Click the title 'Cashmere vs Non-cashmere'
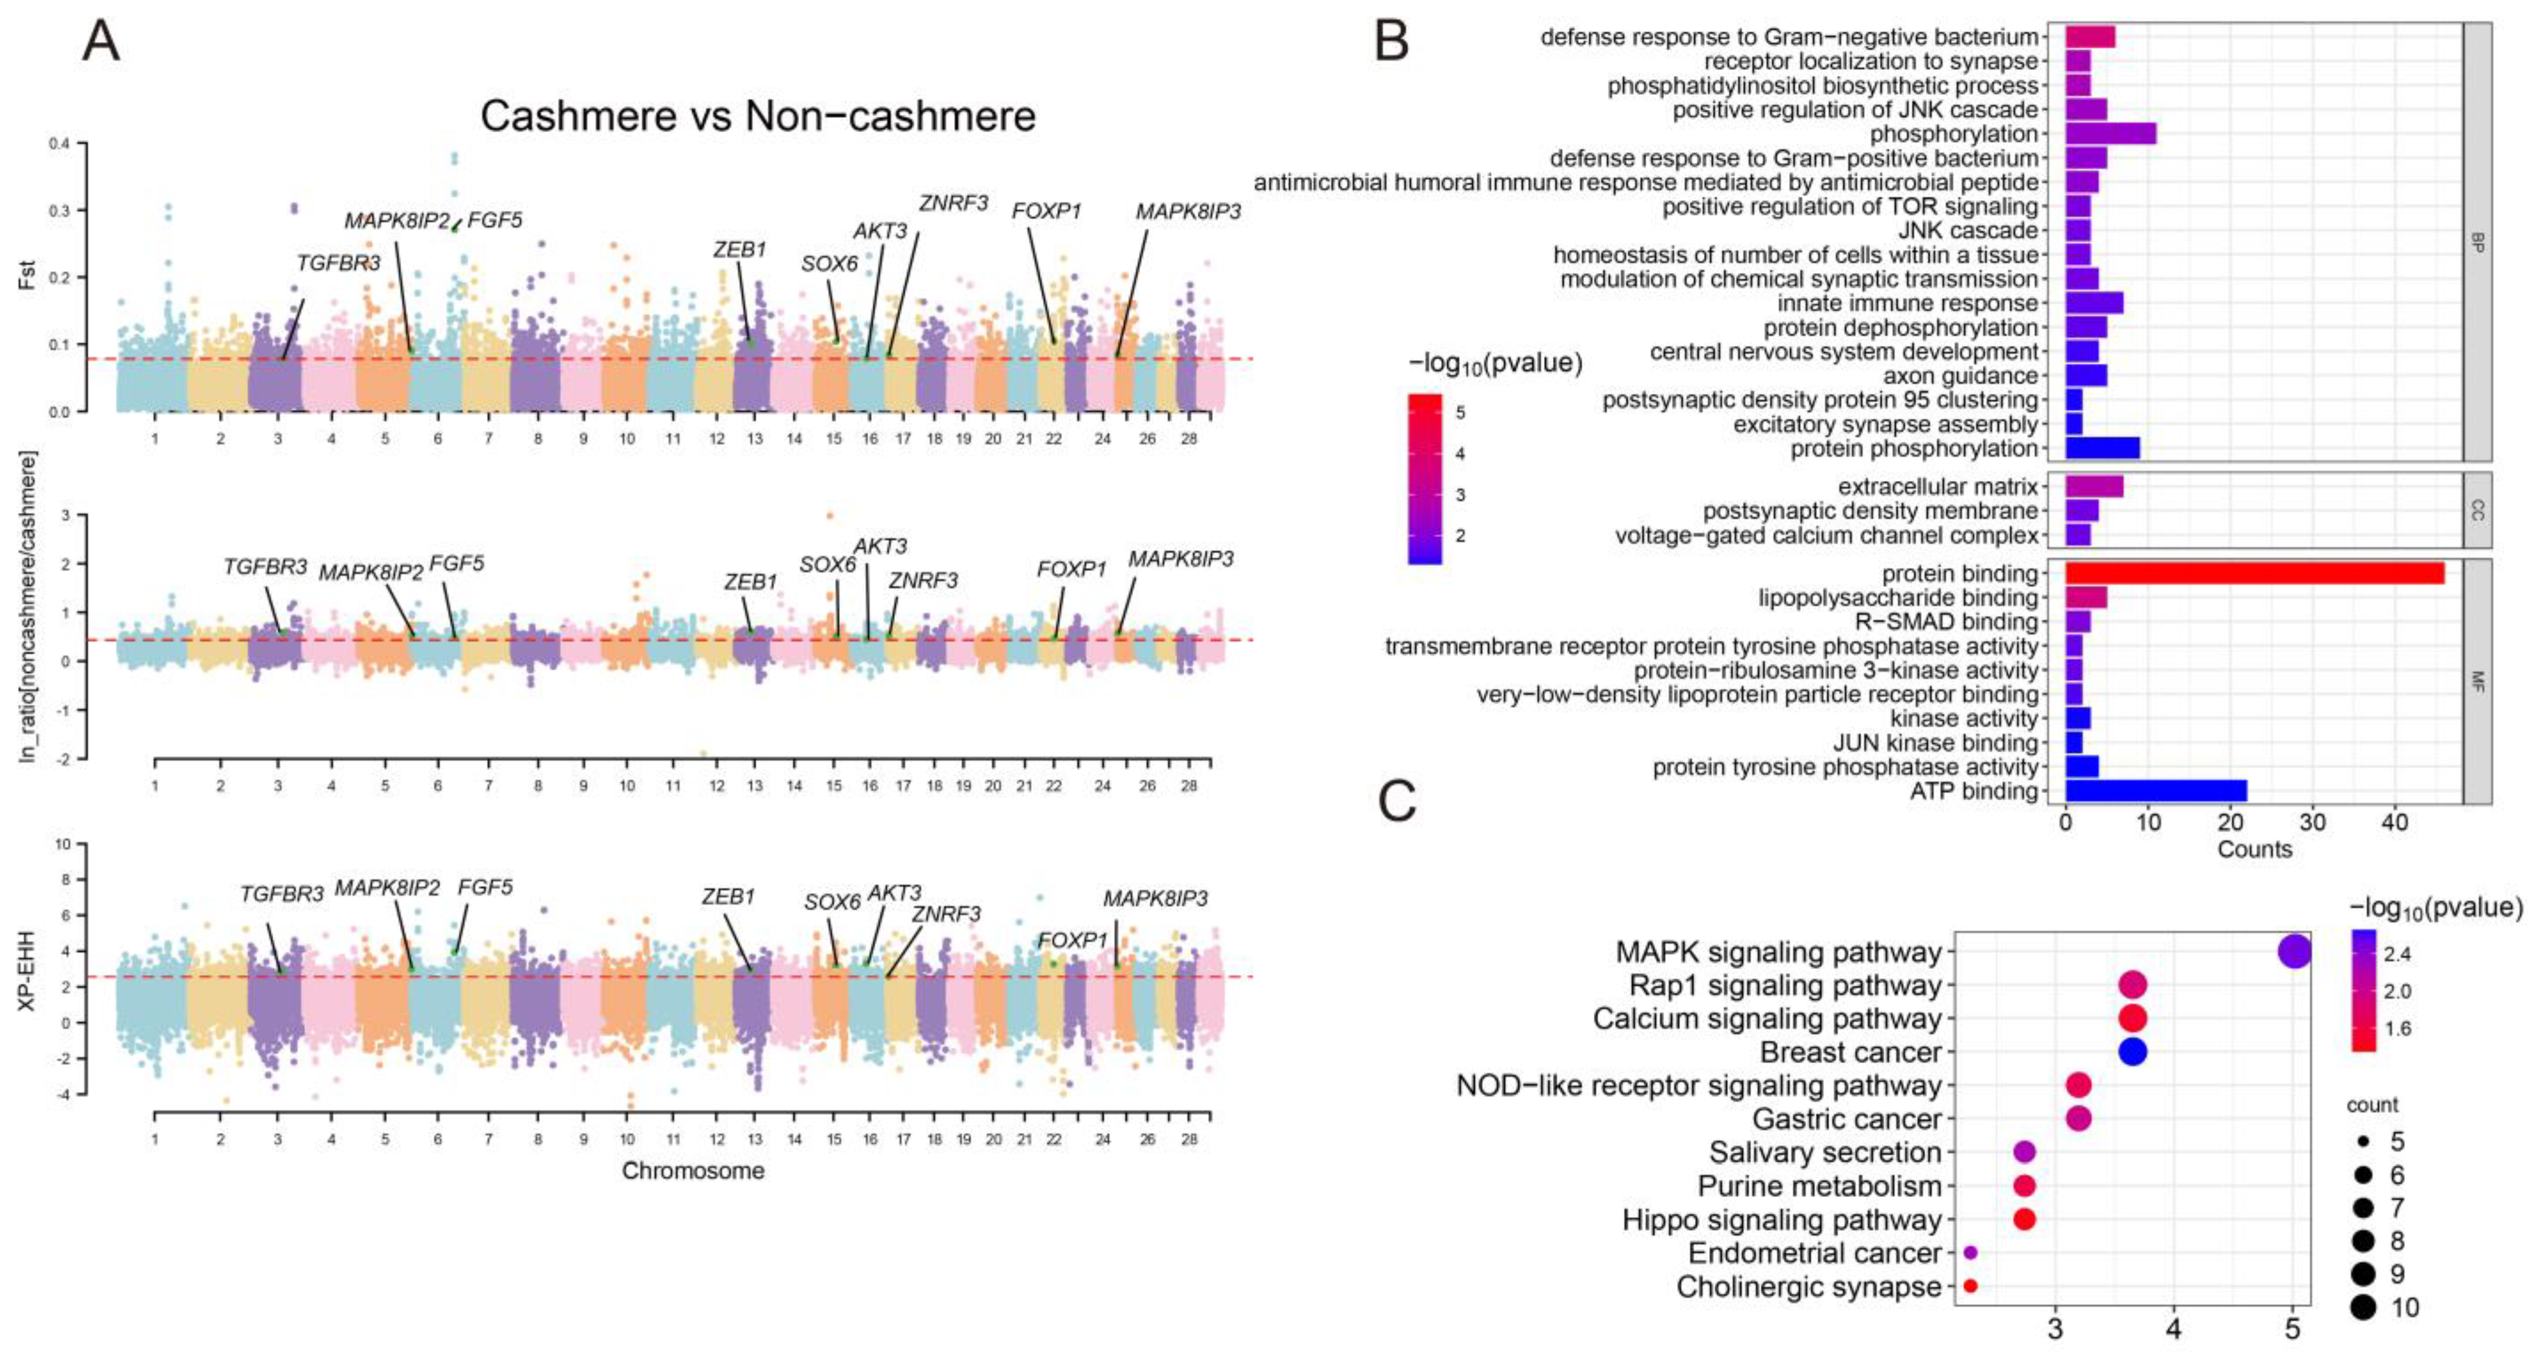pyautogui.click(x=757, y=117)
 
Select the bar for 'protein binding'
pyautogui.click(x=2254, y=574)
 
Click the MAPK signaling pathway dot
pyautogui.click(x=2293, y=951)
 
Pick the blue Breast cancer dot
pyautogui.click(x=2132, y=1051)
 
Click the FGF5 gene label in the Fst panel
pyautogui.click(x=495, y=220)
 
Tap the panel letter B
pyautogui.click(x=1392, y=41)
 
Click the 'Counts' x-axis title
pyautogui.click(x=2254, y=850)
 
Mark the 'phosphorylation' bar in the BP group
pyautogui.click(x=2111, y=134)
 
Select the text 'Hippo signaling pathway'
pyautogui.click(x=1782, y=1220)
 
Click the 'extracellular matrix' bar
pyautogui.click(x=2094, y=487)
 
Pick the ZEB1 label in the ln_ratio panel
pyautogui.click(x=750, y=582)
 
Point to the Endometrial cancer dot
pyautogui.click(x=1970, y=1253)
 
